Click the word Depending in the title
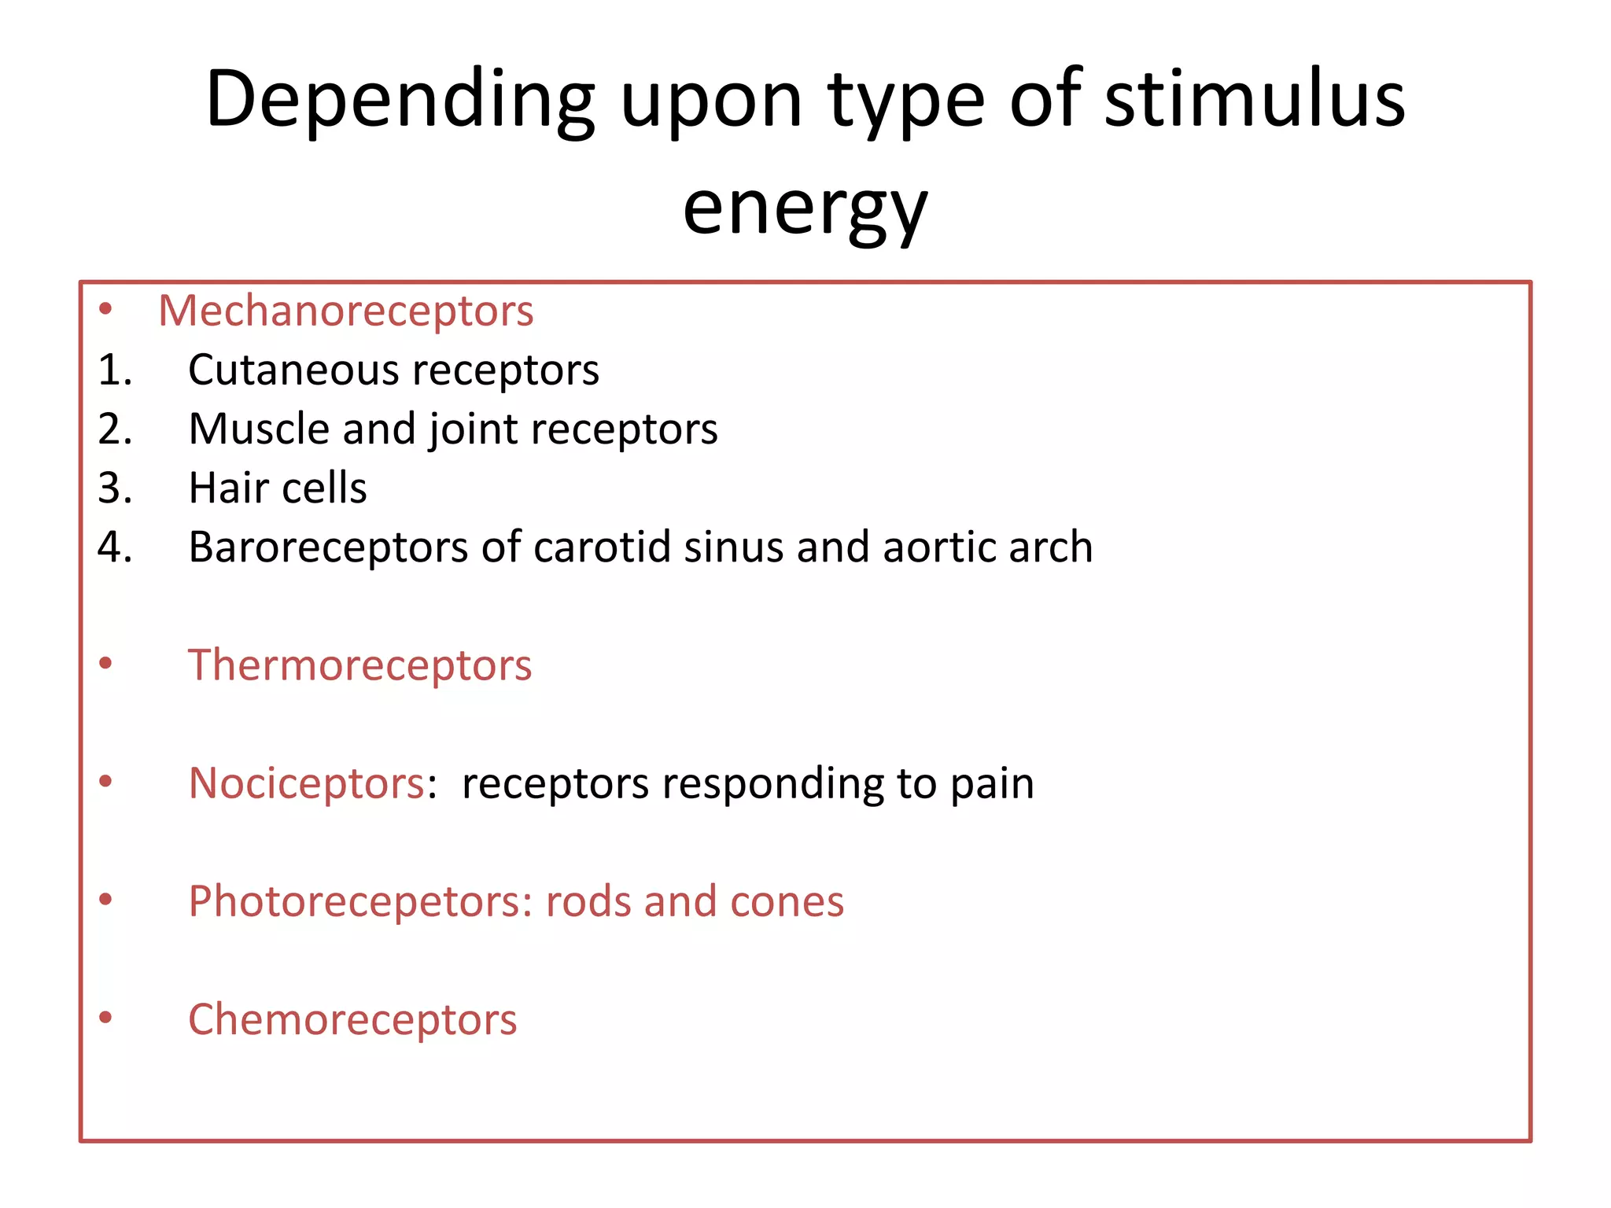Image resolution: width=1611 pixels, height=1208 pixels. (400, 101)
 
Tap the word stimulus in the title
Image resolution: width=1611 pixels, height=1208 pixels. (1255, 101)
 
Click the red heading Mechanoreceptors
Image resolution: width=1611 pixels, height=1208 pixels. (346, 311)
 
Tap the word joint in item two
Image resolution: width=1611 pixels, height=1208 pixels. (473, 429)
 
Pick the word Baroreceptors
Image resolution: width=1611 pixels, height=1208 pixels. (328, 547)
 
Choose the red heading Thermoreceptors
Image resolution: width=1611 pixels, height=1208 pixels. (359, 665)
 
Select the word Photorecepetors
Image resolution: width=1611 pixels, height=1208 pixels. (360, 901)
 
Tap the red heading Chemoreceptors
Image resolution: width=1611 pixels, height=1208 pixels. (352, 1019)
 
